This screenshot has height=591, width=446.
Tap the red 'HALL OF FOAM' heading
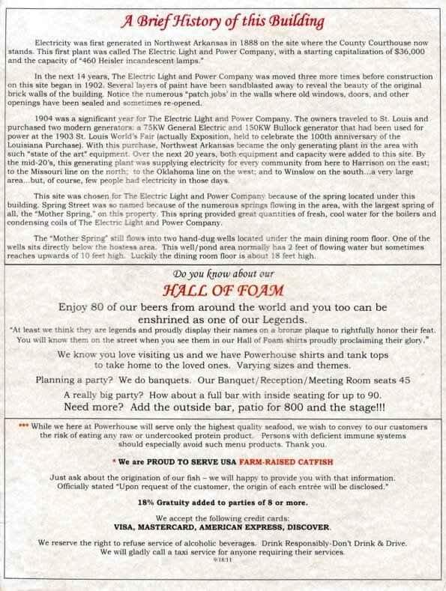(223, 289)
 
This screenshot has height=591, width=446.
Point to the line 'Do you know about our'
(223, 273)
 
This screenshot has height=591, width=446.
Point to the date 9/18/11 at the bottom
(223, 559)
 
